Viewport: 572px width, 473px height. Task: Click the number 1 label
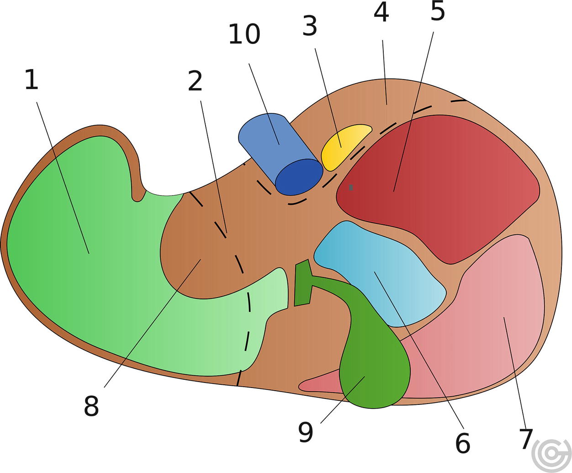click(31, 80)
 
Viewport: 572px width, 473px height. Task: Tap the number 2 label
click(195, 81)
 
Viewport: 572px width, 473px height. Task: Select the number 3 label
click(310, 27)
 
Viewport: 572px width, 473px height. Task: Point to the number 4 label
click(381, 12)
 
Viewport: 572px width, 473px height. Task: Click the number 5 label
click(437, 11)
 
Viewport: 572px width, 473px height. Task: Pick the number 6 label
click(462, 442)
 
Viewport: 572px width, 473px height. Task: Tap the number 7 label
click(526, 439)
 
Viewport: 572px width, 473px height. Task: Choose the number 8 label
click(91, 405)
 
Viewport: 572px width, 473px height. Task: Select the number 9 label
click(306, 432)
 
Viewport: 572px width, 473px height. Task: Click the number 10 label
click(244, 34)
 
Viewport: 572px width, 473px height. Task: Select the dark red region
click(439, 183)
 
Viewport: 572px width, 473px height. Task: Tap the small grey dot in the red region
click(351, 187)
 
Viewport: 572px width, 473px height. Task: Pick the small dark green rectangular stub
click(302, 283)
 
